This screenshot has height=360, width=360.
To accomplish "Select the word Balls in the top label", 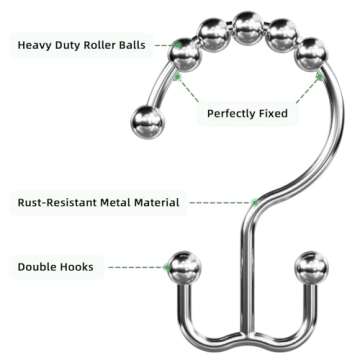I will [144, 43].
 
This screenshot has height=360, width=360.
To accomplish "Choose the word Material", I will [159, 202].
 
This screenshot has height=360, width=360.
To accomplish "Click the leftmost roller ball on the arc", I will [186, 54].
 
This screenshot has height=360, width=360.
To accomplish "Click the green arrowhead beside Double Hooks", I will [167, 267].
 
